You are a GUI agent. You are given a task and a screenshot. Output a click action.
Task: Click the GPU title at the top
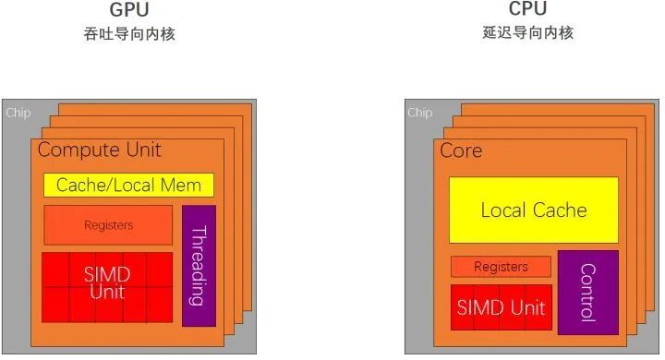coord(128,10)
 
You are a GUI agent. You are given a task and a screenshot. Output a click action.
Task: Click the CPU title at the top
coord(527,9)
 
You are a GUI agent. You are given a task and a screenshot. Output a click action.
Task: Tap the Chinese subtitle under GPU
coord(128,34)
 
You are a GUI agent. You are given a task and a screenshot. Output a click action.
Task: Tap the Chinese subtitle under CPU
coord(527,32)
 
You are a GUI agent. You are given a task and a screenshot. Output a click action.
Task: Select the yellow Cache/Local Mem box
coord(128,185)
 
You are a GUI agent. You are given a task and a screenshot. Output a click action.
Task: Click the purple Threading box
coord(199,265)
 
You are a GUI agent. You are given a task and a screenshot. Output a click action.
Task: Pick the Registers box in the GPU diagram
coord(108,225)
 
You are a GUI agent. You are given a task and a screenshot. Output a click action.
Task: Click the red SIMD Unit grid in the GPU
coord(107,286)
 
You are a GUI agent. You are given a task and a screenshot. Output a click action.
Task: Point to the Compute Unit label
coord(100,150)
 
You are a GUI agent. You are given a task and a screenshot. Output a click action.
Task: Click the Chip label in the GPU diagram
coord(18,113)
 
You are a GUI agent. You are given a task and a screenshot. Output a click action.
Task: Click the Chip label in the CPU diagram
coord(419,113)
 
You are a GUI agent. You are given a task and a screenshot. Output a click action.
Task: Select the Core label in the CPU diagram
coord(461,150)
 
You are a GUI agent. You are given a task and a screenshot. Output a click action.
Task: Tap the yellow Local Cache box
coord(533,210)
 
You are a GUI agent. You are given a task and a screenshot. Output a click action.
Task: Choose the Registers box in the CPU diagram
coord(501,267)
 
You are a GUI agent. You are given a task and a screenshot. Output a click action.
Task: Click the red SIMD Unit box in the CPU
coord(501,307)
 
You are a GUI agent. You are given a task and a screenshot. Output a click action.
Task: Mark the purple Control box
coord(587,292)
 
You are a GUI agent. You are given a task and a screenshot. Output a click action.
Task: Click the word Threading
coord(199,265)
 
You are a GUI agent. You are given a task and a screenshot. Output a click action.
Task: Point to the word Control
coord(587,292)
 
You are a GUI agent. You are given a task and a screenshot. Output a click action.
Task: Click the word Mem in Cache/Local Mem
coord(187,185)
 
